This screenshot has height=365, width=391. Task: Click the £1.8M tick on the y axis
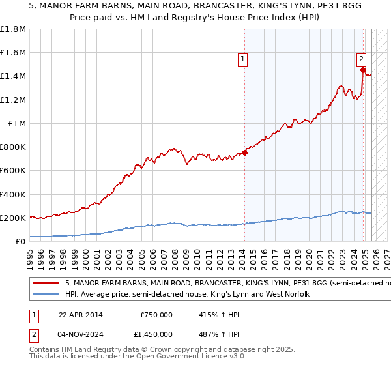(x=13, y=29)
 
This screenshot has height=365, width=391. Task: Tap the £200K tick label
(x=13, y=218)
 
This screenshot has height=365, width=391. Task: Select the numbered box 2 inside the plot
(x=362, y=59)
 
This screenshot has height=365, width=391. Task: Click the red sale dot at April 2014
(x=244, y=153)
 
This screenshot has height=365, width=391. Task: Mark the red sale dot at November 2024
(x=364, y=70)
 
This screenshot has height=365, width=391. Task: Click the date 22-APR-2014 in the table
(x=80, y=314)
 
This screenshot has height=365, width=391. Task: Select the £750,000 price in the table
(x=156, y=314)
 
